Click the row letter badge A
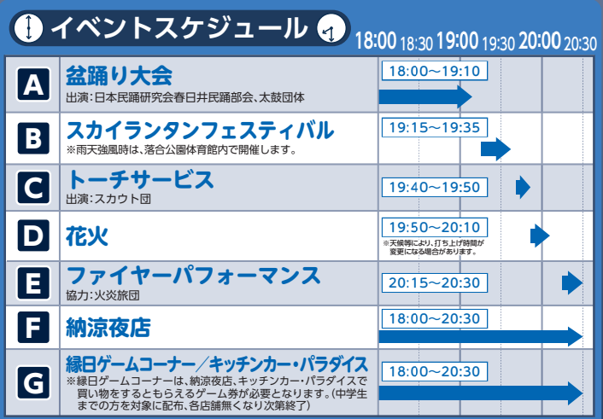33,84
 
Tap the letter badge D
33,236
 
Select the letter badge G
33,382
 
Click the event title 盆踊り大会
119,75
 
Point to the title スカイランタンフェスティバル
200,131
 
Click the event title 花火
87,236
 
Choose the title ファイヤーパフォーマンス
193,276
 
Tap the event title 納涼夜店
108,328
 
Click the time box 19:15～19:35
435,127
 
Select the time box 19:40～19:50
435,187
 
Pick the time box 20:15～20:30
435,282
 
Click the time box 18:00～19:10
435,71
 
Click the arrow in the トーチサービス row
523,187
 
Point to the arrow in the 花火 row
540,236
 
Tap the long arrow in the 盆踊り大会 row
425,96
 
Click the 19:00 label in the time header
458,41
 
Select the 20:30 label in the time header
580,44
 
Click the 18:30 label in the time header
417,44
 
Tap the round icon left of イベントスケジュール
28,27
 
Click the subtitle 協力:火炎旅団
102,295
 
